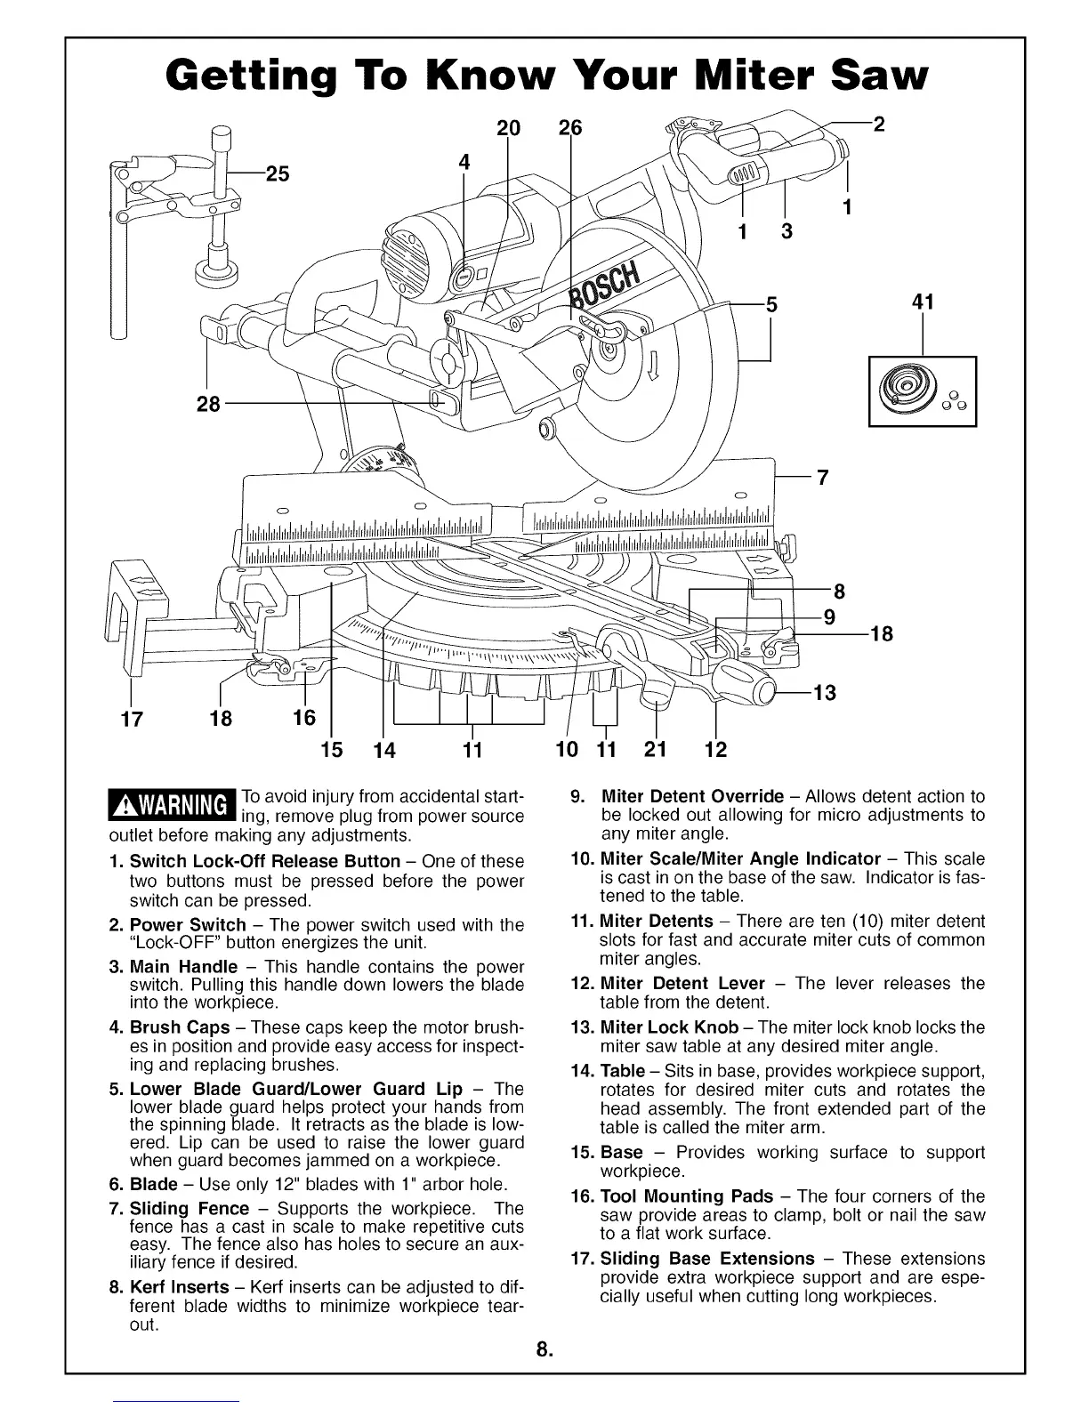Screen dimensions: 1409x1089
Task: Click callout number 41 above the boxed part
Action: pyautogui.click(x=923, y=302)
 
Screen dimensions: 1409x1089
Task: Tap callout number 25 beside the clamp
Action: pyautogui.click(x=277, y=173)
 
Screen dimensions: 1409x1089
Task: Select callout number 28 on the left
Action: pyautogui.click(x=207, y=406)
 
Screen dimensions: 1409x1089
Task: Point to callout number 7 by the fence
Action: pyautogui.click(x=822, y=478)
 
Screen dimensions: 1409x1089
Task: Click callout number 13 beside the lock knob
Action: pyautogui.click(x=824, y=692)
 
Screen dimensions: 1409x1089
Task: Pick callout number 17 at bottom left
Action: pyautogui.click(x=131, y=719)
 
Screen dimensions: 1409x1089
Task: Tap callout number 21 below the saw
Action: pyautogui.click(x=655, y=750)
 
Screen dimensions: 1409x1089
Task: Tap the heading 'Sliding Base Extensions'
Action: pyautogui.click(x=707, y=1259)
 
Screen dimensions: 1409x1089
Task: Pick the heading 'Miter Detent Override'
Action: pyautogui.click(x=693, y=796)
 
